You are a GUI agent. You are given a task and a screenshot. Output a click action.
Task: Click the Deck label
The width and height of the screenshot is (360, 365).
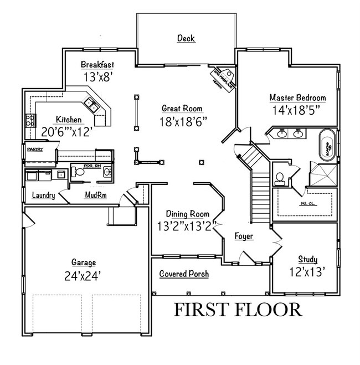pos(186,38)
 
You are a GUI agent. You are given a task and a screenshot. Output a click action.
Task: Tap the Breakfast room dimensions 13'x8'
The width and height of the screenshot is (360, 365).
pos(97,78)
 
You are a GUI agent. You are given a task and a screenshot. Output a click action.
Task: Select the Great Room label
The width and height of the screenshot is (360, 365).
pos(182,109)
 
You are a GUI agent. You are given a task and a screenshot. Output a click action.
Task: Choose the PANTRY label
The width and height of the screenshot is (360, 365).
pos(35,148)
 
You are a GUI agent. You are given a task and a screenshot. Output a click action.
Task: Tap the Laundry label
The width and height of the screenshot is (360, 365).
pos(43,196)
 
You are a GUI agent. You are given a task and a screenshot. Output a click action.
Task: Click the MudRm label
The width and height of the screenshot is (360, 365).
pos(95,196)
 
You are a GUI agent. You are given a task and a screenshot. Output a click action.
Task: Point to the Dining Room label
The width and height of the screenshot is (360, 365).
pos(188,214)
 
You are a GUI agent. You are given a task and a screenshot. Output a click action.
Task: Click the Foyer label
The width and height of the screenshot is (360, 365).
pos(243,237)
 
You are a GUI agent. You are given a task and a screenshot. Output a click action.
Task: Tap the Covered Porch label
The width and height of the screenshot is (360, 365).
pos(184,274)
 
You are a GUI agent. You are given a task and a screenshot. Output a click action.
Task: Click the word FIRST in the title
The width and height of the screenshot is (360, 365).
pos(203,310)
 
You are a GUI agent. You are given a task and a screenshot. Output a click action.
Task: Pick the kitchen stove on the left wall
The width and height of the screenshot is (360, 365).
pos(30,120)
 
